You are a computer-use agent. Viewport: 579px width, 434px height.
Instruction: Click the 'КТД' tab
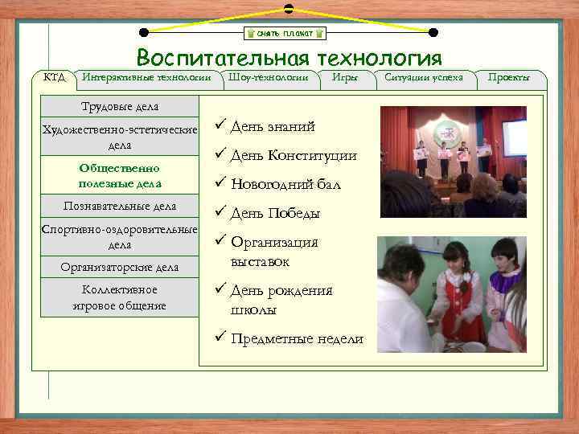point(54,77)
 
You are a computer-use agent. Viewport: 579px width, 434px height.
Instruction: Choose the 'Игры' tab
point(347,77)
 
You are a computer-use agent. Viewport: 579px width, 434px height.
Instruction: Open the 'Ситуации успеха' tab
point(424,77)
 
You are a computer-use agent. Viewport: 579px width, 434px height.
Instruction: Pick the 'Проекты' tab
point(508,77)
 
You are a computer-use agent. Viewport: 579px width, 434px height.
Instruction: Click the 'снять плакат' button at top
point(285,33)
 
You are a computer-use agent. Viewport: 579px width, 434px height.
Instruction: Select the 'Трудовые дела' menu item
point(119,106)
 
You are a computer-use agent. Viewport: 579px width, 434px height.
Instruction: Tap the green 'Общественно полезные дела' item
point(119,175)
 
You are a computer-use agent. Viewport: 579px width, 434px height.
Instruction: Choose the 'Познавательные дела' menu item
point(119,206)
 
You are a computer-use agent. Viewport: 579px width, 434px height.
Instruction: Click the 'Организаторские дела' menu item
point(119,267)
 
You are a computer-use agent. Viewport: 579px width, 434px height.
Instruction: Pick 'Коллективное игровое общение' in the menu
point(119,297)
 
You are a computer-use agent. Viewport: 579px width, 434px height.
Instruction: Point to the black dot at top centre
point(288,7)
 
